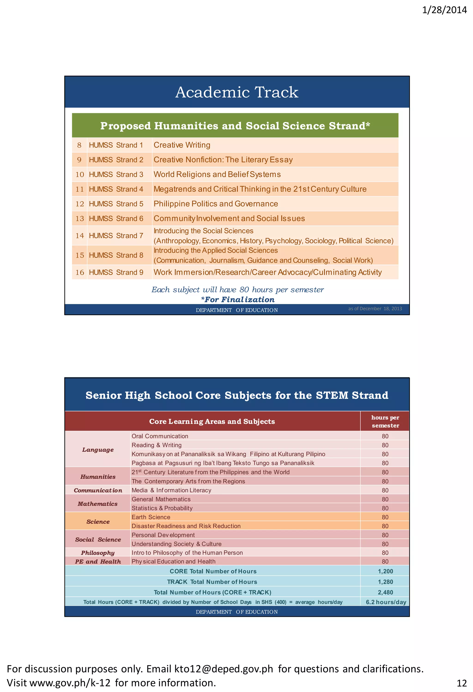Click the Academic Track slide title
pos(236,92)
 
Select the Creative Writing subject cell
pos(182,145)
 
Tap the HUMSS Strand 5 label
pos(116,204)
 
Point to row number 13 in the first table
pos(79,218)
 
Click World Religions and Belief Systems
pos(217,175)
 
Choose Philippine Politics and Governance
pos(216,204)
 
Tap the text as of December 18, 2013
pos(375,309)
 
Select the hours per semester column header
pos(385,421)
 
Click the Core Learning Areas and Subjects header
pos(212,421)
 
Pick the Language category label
pos(98,450)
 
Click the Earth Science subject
pos(151,517)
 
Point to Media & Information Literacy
pos(171,490)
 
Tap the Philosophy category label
pos(98,553)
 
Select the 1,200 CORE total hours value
pos(385,571)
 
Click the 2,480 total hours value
pos(385,593)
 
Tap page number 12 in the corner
pos(461,683)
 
